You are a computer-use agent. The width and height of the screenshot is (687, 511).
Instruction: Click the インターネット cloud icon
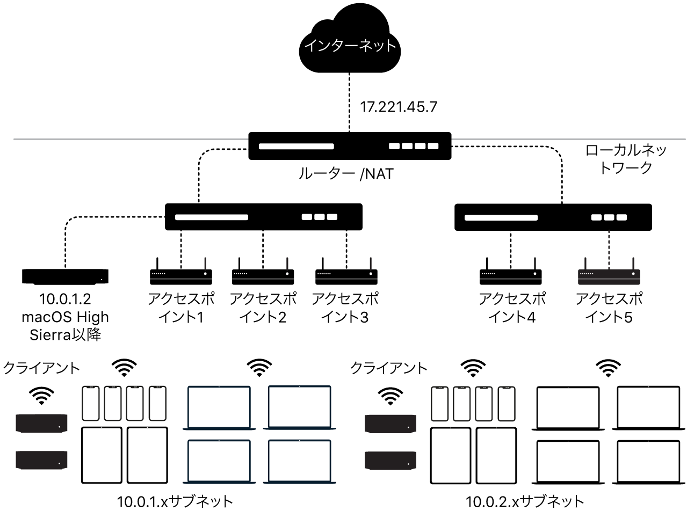(x=350, y=45)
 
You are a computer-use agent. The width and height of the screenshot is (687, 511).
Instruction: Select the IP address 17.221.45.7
(x=398, y=107)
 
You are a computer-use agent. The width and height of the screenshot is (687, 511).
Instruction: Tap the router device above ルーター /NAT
(x=349, y=145)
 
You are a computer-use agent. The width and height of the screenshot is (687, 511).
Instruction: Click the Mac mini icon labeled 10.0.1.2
(x=65, y=276)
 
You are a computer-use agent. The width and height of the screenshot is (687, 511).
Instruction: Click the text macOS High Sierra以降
(x=65, y=325)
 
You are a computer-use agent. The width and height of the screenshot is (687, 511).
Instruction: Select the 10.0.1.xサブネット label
(x=176, y=502)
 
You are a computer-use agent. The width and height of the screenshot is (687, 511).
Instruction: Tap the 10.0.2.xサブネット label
(x=524, y=502)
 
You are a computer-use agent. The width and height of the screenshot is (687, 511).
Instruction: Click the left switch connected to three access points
(x=263, y=217)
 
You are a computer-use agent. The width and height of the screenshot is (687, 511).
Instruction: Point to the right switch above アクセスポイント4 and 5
(x=553, y=217)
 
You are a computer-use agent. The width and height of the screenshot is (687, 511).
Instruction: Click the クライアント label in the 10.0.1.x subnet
(x=41, y=368)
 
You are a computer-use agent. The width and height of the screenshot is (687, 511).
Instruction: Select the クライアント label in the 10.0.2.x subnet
(x=389, y=368)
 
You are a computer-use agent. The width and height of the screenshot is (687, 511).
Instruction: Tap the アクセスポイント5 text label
(x=609, y=308)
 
